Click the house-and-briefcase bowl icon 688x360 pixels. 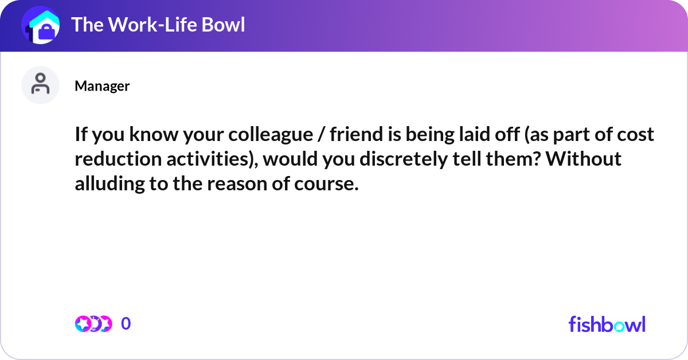(40, 25)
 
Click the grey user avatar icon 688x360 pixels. (40, 85)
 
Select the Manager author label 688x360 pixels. (102, 86)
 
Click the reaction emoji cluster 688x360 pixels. (93, 324)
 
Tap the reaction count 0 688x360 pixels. (126, 324)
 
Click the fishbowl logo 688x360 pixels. (607, 324)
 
